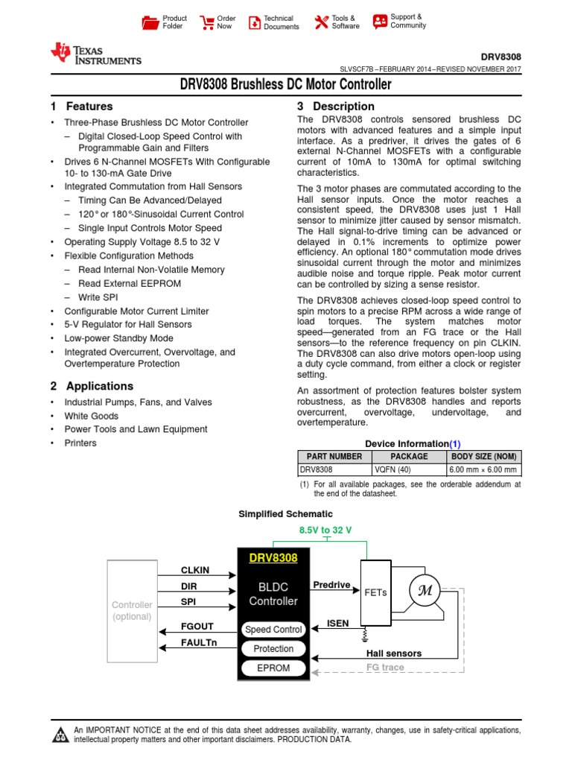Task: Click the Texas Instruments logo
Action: pos(95,54)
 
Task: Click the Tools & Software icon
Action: pos(321,22)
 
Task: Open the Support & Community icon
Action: pos(380,21)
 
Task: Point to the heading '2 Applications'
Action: pos(92,386)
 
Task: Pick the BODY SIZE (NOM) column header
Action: pos(483,457)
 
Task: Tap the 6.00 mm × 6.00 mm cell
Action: pos(483,470)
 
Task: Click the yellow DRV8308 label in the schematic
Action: pos(273,558)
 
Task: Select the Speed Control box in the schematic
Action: pos(273,630)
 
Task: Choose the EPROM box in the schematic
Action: pos(273,668)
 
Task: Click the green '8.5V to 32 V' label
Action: pos(325,530)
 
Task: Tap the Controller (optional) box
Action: pos(133,610)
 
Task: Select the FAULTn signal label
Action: pos(199,642)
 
